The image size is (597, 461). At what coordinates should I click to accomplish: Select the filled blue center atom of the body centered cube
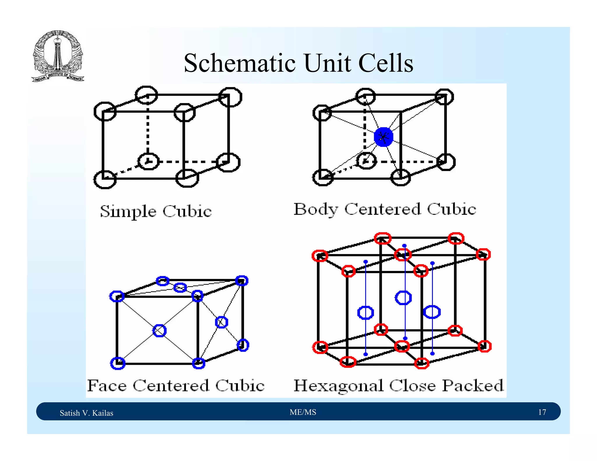tap(383, 137)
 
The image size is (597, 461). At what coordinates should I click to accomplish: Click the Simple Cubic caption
tap(156, 211)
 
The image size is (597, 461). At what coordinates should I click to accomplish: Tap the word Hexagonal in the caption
tap(338, 386)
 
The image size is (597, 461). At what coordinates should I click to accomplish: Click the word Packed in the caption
tap(473, 386)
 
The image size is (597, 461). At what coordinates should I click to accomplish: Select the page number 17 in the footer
tap(542, 412)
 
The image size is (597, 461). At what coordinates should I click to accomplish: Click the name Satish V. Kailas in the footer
tap(86, 413)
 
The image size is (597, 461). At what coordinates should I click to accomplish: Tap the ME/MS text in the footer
tap(303, 412)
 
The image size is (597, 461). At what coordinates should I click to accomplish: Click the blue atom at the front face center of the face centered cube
tap(159, 330)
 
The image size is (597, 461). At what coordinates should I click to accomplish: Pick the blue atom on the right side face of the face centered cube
tap(221, 322)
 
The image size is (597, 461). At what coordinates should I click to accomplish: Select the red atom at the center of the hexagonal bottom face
tap(402, 346)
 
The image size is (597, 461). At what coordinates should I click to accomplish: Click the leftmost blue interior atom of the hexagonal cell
tap(365, 313)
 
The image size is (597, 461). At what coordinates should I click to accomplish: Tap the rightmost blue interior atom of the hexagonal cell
tap(432, 312)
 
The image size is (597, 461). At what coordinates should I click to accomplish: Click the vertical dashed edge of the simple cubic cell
tap(148, 128)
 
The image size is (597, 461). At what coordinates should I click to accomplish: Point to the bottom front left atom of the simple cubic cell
tap(105, 179)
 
